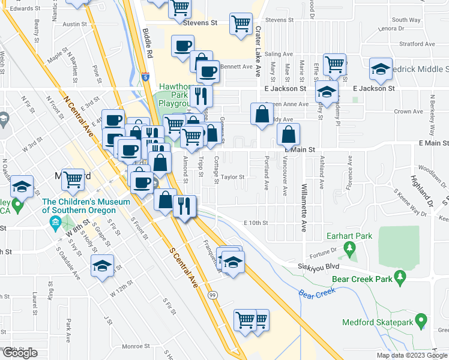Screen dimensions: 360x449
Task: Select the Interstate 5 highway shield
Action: (146, 77)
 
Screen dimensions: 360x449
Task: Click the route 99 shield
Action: (212, 295)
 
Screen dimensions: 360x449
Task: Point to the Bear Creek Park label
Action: (358, 278)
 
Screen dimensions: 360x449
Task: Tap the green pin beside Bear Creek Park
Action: (401, 278)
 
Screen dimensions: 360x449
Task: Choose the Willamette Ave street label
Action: (304, 208)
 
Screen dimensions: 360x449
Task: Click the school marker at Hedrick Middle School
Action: (381, 69)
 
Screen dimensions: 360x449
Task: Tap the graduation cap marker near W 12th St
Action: (102, 265)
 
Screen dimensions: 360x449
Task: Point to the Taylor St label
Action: (233, 177)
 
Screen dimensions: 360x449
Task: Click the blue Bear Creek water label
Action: (316, 293)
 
